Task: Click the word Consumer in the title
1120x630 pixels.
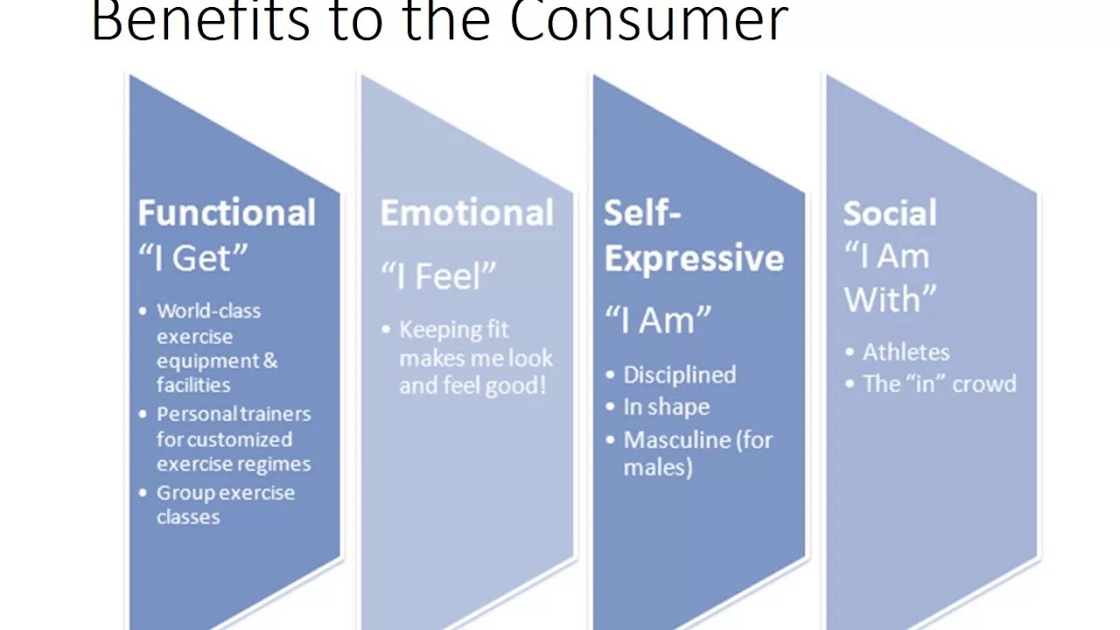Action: pos(648,21)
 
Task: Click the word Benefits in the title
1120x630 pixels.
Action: pos(200,21)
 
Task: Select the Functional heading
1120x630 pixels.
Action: pos(227,213)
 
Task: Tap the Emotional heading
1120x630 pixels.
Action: pos(466,213)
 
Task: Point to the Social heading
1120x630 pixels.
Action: pos(889,213)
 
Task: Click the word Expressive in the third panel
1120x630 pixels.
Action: pos(694,259)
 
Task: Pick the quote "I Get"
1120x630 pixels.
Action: pos(193,258)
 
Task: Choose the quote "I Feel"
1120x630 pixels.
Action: pos(438,277)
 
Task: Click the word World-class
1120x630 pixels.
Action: pos(208,311)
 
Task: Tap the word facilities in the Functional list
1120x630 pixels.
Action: pos(193,385)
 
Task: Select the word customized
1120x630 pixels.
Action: pos(239,439)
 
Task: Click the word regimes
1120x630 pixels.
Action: pos(273,464)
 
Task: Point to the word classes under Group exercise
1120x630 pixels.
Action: pos(188,516)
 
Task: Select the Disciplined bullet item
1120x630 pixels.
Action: pos(679,374)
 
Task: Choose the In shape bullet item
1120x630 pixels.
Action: pos(666,407)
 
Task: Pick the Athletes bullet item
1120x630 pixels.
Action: pos(906,352)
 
